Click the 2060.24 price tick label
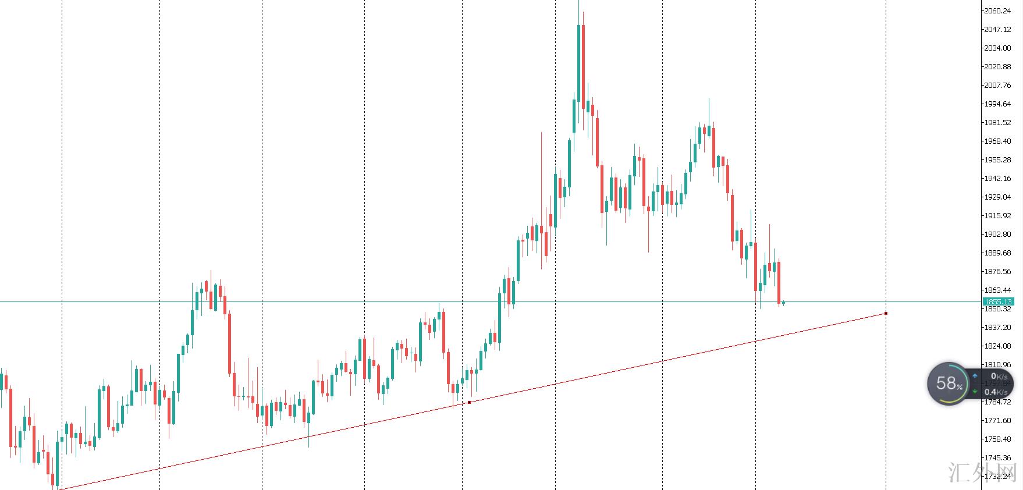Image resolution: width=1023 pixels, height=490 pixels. [x=997, y=10]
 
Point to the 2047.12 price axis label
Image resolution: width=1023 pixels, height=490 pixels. [x=997, y=29]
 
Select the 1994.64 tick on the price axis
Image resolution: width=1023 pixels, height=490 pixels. [x=997, y=104]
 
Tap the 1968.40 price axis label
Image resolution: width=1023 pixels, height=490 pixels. [x=997, y=141]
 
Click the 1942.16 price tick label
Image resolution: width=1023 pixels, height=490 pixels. [x=997, y=178]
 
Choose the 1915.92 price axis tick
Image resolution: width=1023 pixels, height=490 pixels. [x=997, y=215]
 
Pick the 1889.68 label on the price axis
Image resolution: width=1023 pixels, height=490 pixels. [x=997, y=253]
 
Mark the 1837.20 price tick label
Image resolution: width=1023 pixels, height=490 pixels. [x=997, y=327]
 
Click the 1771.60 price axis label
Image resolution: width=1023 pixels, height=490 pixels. [x=997, y=420]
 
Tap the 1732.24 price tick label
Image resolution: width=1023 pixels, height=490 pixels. [x=997, y=476]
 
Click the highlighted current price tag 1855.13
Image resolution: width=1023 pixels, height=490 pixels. [x=997, y=301]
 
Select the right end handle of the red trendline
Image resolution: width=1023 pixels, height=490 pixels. [x=886, y=313]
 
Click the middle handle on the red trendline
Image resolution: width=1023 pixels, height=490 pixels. [x=469, y=402]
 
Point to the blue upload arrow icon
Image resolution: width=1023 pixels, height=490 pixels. [x=975, y=376]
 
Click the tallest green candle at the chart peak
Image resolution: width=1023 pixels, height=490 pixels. [x=578, y=64]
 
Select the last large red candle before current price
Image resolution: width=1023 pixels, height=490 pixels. [x=779, y=282]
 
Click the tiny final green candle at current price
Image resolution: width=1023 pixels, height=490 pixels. [x=784, y=303]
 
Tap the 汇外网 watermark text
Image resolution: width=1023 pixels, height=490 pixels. [x=983, y=473]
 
